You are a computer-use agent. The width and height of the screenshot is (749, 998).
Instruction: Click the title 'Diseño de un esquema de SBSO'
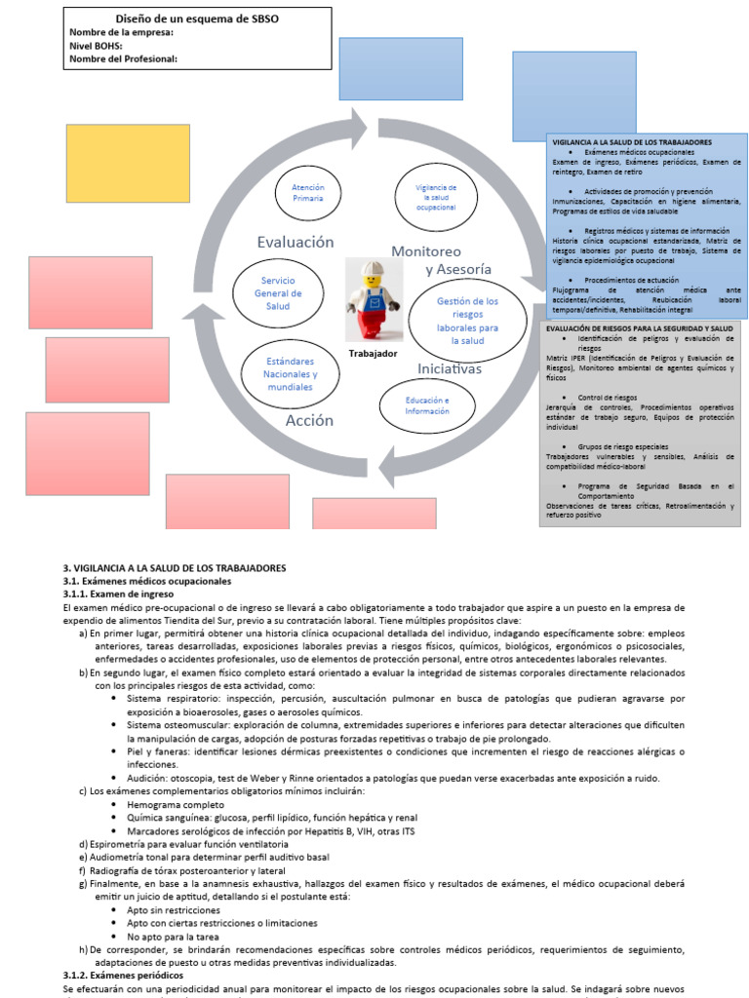tap(197, 18)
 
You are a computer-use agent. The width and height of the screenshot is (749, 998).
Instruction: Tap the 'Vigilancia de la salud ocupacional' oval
tap(436, 196)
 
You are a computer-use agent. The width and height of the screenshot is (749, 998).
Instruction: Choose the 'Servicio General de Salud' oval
tap(279, 293)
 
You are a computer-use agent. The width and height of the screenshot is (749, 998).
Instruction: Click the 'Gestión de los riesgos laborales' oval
tap(467, 321)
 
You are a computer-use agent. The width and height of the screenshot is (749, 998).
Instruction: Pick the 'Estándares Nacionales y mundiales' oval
tap(292, 374)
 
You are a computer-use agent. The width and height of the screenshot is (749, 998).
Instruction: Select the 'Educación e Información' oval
tap(427, 405)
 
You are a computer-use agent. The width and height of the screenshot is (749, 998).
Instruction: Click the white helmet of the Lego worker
tap(371, 269)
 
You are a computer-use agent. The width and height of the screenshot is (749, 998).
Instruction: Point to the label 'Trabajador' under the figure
tap(374, 354)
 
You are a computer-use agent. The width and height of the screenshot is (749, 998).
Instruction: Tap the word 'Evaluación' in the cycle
tap(296, 242)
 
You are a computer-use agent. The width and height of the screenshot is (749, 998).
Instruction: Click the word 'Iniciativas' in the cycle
tap(450, 369)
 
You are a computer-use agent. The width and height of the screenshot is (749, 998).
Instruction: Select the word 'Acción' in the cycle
tap(309, 421)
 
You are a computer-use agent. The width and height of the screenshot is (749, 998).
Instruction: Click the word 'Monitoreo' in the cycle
tap(426, 250)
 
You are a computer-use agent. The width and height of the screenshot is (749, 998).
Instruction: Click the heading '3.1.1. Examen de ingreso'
tap(118, 594)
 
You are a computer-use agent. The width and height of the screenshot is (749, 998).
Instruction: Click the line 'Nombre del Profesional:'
tap(123, 59)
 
